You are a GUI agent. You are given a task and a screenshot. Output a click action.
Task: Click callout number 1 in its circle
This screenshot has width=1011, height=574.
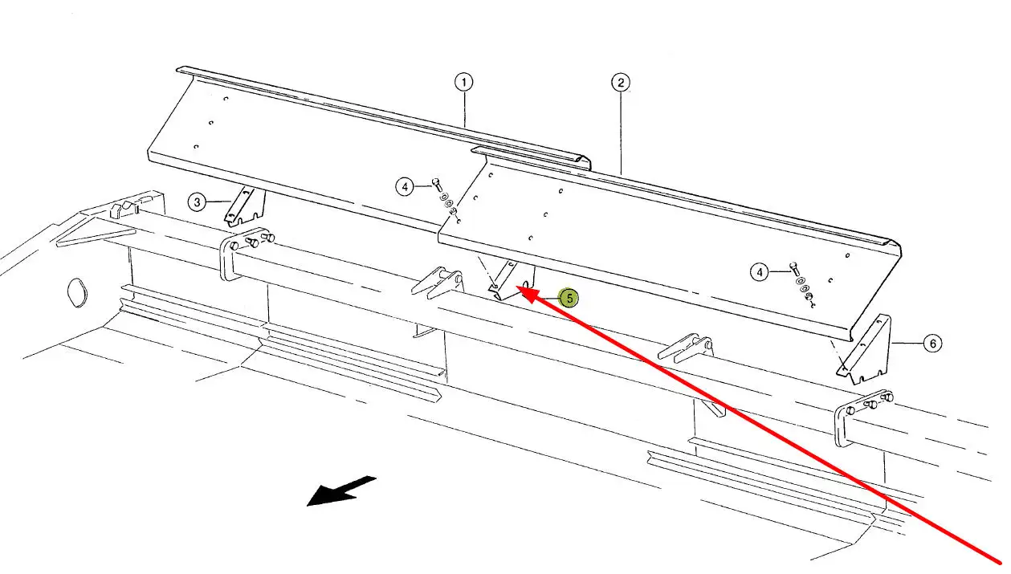pos(463,82)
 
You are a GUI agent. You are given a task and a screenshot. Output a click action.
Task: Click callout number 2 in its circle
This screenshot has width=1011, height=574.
pos(620,82)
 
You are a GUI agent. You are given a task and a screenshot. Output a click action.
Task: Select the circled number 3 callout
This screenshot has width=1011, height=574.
pos(198,202)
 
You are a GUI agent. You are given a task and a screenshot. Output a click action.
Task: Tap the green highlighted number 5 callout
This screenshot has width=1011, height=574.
pos(569,299)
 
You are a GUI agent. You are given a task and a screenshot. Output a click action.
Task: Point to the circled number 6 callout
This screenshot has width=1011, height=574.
pos(932,344)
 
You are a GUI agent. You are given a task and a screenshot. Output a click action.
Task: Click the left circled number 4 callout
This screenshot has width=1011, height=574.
pos(405,187)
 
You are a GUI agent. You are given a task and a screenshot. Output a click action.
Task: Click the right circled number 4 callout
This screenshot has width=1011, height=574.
pos(760,272)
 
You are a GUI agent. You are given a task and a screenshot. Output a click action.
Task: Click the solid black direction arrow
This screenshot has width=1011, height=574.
pos(341,491)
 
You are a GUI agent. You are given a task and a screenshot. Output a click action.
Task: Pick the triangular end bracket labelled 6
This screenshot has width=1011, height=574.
pos(866,348)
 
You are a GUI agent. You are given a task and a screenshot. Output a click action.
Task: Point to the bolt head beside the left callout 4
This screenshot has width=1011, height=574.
pos(436,182)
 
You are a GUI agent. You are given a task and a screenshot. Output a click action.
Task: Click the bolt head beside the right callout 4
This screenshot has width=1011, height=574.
pos(794,267)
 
